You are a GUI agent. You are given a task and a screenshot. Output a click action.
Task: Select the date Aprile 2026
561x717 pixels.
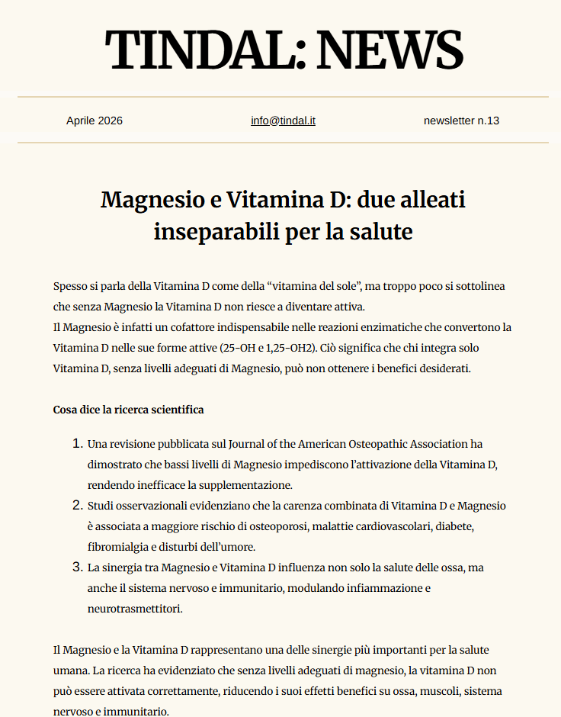pyautogui.click(x=95, y=121)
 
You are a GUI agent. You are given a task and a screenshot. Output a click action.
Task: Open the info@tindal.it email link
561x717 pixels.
pyautogui.click(x=283, y=121)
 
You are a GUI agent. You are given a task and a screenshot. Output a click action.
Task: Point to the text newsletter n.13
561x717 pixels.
pyautogui.click(x=461, y=121)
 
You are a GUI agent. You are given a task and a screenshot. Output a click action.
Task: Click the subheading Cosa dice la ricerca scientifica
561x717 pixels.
pyautogui.click(x=128, y=410)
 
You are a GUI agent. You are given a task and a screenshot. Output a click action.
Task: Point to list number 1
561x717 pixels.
pyautogui.click(x=76, y=443)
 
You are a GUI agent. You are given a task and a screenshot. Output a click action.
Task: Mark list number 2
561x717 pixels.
pyautogui.click(x=76, y=505)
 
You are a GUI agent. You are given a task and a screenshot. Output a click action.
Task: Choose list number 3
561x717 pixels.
pyautogui.click(x=76, y=567)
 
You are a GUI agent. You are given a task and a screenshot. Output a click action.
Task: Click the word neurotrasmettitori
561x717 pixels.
pyautogui.click(x=135, y=608)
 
